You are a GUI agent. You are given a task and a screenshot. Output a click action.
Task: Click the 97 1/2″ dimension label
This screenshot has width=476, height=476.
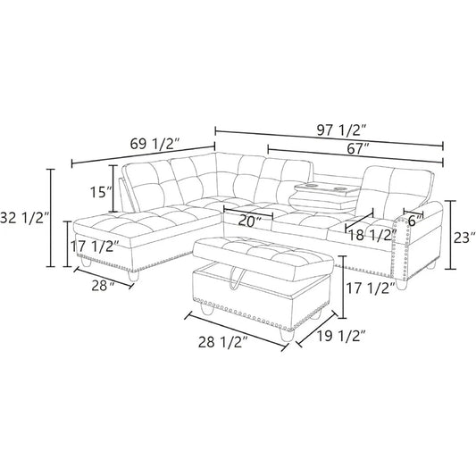[340, 131]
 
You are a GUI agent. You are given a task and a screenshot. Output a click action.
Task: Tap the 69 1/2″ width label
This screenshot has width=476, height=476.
[155, 144]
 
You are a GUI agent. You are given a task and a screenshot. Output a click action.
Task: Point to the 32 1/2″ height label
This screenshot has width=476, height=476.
[25, 217]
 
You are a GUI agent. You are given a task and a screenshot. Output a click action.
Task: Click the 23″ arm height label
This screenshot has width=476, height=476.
[464, 238]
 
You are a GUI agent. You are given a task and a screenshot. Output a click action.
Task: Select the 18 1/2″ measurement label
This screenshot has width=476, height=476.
[372, 235]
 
